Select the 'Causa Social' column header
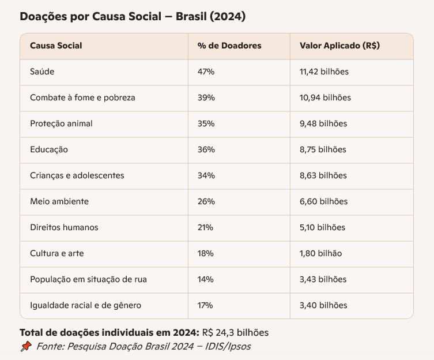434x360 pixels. (x=56, y=46)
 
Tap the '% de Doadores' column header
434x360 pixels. (x=229, y=46)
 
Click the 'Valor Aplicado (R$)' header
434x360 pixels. (x=339, y=46)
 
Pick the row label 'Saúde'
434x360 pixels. (x=42, y=72)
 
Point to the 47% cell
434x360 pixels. (x=206, y=72)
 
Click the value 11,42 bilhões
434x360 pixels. (x=324, y=72)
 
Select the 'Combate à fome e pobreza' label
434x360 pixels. (x=82, y=97)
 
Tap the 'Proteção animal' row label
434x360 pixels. (x=61, y=123)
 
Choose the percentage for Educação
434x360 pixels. (x=206, y=149)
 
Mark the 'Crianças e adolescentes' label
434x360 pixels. (x=77, y=175)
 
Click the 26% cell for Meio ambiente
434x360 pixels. (x=206, y=201)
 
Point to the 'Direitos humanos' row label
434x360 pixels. (x=64, y=227)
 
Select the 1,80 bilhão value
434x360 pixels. (x=320, y=253)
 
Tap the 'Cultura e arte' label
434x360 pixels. (x=57, y=253)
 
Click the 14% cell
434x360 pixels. (x=205, y=279)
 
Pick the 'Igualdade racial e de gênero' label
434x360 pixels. (x=85, y=305)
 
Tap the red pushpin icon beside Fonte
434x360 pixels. (x=25, y=347)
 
